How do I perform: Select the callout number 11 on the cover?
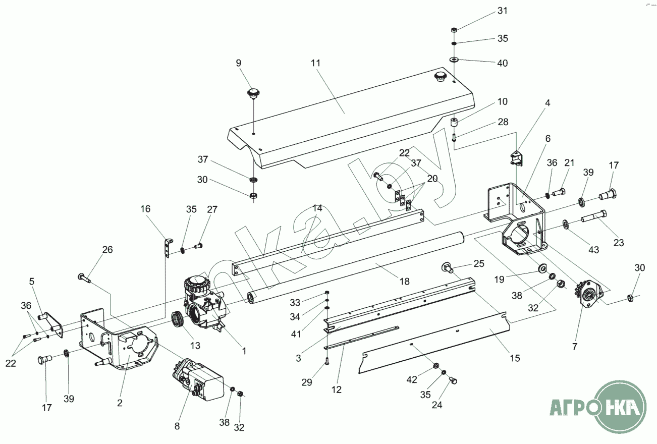[316, 63]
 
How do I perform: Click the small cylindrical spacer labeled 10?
[454, 123]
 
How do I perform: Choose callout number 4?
[547, 103]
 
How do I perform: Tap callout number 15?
[515, 358]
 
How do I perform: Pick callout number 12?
[337, 390]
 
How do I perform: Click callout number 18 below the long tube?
[404, 281]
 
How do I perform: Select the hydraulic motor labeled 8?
[199, 381]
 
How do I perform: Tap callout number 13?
[195, 346]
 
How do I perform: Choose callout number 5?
[31, 281]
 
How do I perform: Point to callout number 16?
[145, 208]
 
